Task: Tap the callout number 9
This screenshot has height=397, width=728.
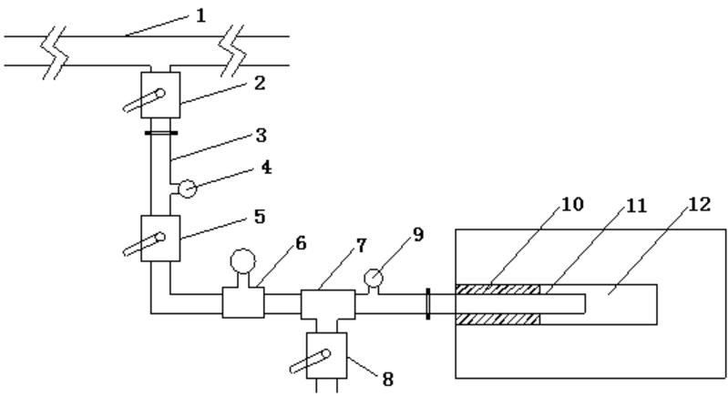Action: point(417,233)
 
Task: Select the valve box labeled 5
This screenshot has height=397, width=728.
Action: point(160,238)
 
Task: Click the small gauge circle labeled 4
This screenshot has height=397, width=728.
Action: point(187,189)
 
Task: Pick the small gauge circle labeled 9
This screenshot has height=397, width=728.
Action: point(373,276)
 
